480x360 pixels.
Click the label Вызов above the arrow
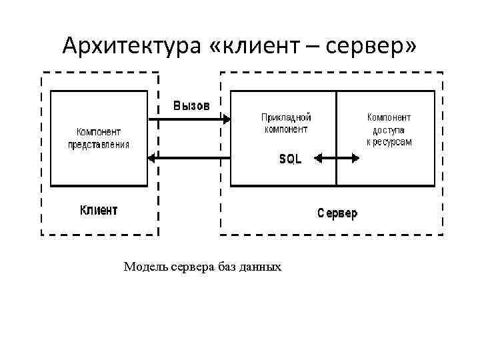[x=192, y=105]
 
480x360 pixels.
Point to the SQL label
[x=290, y=159]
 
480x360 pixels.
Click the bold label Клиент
[x=99, y=210]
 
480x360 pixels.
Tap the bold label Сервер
[x=337, y=213]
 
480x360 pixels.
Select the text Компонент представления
[x=99, y=138]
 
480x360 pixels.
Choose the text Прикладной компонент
[x=286, y=123]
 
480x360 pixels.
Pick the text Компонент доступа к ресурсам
[x=389, y=129]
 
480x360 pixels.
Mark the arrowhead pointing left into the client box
[x=151, y=158]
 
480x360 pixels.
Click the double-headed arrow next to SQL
[x=337, y=159]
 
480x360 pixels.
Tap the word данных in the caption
[x=261, y=267]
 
